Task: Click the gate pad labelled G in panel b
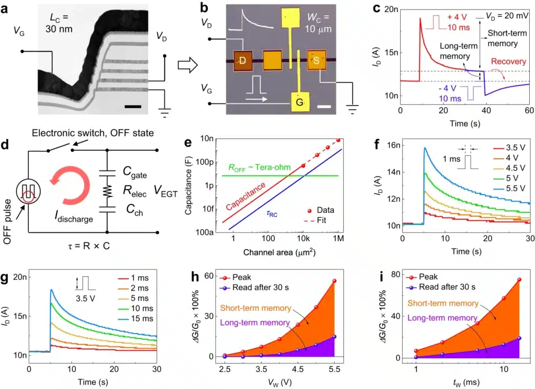pos(299,102)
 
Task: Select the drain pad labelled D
pos(242,61)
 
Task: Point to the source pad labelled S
pos(316,61)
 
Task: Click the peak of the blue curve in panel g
pos(51,289)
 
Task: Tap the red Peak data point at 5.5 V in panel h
pos(334,281)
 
